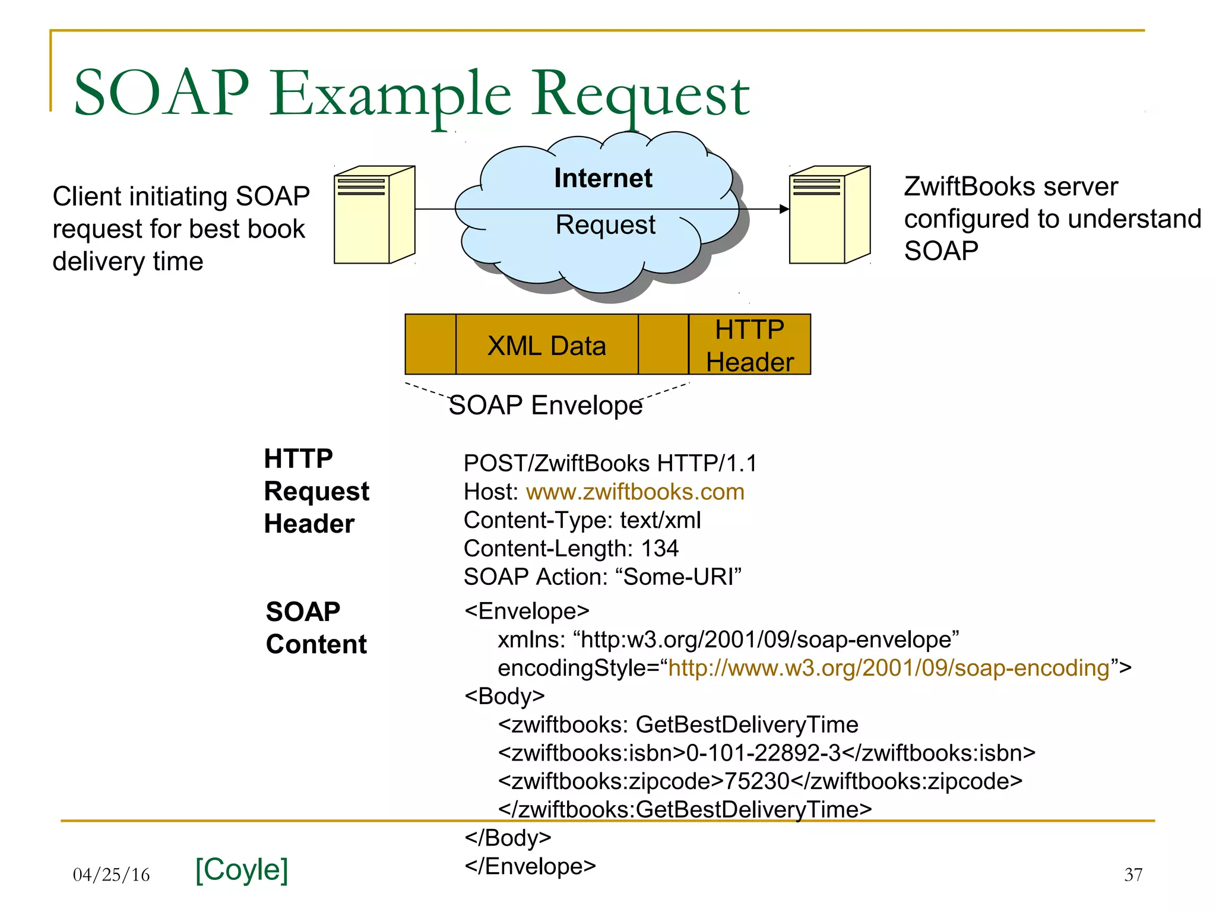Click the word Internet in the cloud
coord(603,178)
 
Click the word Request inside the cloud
coord(605,225)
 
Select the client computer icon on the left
coord(374,214)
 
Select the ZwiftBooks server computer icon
coord(829,214)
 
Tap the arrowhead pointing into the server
coord(784,209)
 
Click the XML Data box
coord(546,346)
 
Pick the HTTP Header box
coord(749,346)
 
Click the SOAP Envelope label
coord(545,406)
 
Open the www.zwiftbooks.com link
coord(635,492)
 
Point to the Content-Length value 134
coord(660,549)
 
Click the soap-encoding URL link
coord(889,668)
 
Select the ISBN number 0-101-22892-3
coord(764,753)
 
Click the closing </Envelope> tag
coord(530,866)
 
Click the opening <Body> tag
coord(505,696)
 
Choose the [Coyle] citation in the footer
coord(242,870)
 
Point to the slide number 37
coord(1133,875)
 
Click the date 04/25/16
coord(111,875)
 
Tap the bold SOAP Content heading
coord(316,628)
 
